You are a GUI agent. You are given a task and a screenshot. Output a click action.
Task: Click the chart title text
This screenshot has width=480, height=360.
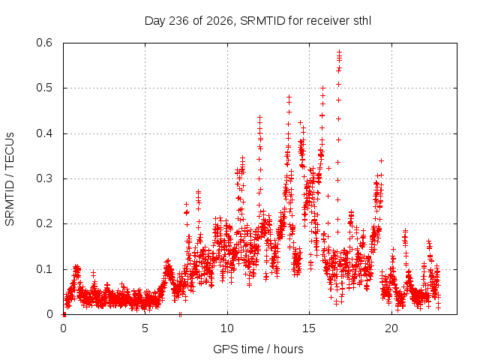(x=258, y=21)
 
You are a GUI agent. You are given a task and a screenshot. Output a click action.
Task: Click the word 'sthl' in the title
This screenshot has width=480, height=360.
(x=362, y=21)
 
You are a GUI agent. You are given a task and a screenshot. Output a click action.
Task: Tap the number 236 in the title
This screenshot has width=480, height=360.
(x=178, y=21)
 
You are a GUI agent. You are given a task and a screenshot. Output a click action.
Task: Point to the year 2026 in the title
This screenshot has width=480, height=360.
(x=220, y=21)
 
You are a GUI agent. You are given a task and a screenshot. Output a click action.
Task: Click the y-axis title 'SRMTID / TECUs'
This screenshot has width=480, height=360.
(x=10, y=179)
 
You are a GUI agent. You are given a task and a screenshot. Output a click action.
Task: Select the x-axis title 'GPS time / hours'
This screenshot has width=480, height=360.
(x=258, y=349)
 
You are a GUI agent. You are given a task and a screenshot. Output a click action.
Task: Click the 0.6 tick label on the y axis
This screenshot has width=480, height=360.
(x=44, y=43)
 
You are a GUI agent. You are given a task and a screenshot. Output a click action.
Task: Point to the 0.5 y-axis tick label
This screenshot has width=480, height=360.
(x=44, y=88)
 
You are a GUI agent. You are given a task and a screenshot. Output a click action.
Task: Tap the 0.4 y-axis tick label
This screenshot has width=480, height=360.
(x=44, y=133)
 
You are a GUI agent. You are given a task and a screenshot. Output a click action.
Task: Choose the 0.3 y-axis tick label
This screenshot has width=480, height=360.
(x=44, y=178)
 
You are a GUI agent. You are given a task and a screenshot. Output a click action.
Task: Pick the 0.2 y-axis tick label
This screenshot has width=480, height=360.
(x=44, y=223)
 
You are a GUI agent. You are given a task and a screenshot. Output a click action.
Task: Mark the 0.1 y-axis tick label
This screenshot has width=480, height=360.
(x=44, y=269)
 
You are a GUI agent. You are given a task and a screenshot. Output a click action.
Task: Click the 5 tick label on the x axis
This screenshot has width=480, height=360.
(x=145, y=328)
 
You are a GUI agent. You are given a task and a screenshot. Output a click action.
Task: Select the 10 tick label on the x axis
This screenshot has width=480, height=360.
(x=227, y=328)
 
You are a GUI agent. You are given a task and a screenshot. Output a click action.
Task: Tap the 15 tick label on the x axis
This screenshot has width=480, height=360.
(x=309, y=328)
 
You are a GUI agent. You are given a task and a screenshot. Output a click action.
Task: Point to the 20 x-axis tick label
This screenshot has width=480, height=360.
(x=391, y=328)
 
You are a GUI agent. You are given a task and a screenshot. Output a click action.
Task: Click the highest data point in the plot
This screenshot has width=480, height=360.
(x=339, y=52)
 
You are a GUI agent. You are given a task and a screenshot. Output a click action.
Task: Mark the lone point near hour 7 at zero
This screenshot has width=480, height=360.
(x=180, y=314)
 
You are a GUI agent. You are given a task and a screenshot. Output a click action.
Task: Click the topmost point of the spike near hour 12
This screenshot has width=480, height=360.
(x=260, y=117)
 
